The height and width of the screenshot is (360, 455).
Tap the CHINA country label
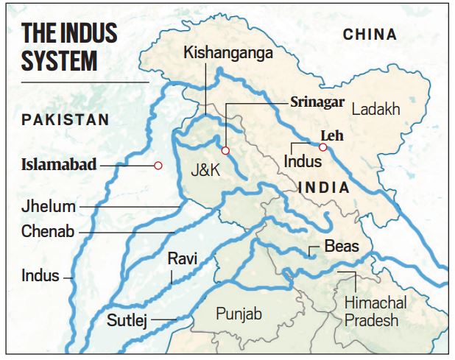click(x=370, y=34)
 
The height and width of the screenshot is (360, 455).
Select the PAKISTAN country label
click(x=65, y=119)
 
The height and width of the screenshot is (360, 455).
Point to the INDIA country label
click(x=324, y=188)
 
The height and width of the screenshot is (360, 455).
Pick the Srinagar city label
click(x=317, y=102)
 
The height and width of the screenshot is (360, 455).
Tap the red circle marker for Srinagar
click(x=226, y=151)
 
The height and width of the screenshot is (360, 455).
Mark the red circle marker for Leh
click(x=322, y=147)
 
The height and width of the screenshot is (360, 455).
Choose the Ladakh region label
click(x=375, y=110)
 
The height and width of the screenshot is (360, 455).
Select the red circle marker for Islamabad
click(x=158, y=166)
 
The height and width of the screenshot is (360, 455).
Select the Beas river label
click(x=342, y=246)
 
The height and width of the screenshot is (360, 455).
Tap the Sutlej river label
click(x=127, y=320)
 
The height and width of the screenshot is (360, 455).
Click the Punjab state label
click(x=239, y=314)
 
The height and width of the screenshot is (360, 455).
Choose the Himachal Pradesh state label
click(x=375, y=311)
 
